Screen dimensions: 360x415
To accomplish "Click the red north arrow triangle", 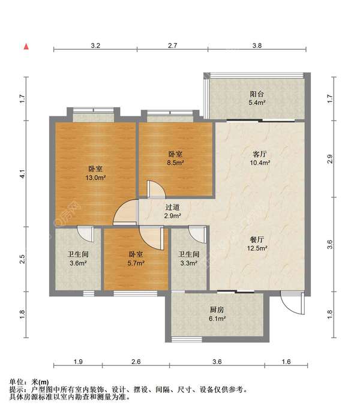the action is (x=26, y=47).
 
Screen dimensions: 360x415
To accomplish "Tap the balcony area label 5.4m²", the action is (x=257, y=103).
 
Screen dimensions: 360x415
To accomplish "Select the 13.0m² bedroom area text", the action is (x=95, y=178).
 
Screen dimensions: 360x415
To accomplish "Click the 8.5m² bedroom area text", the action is (x=175, y=163).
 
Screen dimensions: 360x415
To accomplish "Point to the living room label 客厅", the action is (x=260, y=154).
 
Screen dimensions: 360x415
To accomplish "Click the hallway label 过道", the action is (x=172, y=207).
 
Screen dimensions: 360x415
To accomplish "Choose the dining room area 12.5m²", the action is (x=257, y=248).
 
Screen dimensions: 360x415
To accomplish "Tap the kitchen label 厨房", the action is (x=217, y=309).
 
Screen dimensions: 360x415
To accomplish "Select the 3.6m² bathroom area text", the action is (x=79, y=263).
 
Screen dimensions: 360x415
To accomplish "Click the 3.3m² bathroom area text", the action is (x=189, y=263).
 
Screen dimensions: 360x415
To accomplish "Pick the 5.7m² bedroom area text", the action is (x=136, y=263).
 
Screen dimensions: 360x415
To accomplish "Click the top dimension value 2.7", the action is (x=172, y=46).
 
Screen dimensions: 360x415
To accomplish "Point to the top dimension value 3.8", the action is (x=257, y=46).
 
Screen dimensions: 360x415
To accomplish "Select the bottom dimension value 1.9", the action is (x=78, y=362).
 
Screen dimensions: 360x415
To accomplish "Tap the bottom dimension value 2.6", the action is (x=136, y=362).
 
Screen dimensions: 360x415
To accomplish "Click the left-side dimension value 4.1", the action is (x=23, y=174).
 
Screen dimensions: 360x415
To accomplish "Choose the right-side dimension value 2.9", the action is (x=330, y=159).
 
